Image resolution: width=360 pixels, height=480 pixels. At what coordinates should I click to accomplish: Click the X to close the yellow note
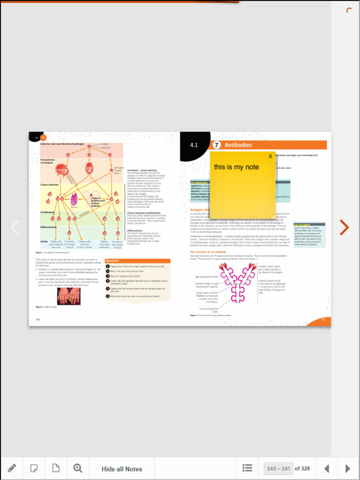point(270,157)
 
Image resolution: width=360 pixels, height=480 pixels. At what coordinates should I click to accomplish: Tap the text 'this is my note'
point(236,167)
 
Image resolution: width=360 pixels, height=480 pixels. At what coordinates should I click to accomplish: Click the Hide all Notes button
point(122,469)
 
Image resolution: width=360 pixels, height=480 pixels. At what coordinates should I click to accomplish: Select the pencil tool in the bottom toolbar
point(12,468)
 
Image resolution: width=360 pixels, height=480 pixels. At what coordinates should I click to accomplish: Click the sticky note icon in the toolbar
point(34,468)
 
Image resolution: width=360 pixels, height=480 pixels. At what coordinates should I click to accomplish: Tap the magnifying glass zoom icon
point(78,468)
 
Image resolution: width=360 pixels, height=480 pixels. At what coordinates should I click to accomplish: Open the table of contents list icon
point(247,468)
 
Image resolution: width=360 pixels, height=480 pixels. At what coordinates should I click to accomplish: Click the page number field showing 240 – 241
point(278,468)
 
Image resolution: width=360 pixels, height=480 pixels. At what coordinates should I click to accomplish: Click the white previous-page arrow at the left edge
point(15,227)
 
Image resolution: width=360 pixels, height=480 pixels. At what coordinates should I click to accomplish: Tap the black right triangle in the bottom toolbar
point(347,468)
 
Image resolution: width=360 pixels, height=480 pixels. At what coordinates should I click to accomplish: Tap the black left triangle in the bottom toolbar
point(327,468)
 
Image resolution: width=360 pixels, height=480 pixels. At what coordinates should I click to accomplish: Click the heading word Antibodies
point(238,145)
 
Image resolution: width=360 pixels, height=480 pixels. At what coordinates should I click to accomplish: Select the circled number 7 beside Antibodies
point(217,145)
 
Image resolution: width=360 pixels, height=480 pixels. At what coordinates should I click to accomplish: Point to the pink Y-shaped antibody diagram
point(238,282)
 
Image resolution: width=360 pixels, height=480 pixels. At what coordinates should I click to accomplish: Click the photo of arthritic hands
point(69,296)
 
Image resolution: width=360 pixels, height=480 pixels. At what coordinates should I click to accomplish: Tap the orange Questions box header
point(137,261)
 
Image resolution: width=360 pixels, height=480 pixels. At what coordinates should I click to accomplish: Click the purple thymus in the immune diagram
point(74,200)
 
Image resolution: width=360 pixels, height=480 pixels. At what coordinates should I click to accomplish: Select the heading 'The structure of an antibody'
point(208,252)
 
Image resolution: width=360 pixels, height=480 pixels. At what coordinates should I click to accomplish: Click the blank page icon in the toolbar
point(56,468)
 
